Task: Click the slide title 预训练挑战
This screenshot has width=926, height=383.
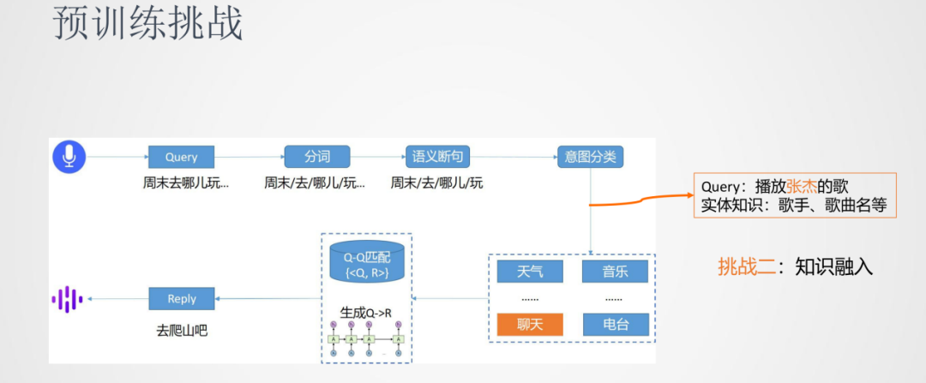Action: point(148,25)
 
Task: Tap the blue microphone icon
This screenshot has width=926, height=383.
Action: point(69,156)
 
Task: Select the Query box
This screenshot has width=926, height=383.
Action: point(181,157)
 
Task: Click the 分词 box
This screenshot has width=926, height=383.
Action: point(317,157)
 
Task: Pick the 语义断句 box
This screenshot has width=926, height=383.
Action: point(437,157)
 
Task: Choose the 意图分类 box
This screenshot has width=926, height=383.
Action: point(589,157)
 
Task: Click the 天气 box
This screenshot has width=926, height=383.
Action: point(530,272)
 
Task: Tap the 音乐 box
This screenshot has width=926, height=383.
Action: point(615,272)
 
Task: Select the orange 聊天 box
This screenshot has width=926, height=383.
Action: point(530,324)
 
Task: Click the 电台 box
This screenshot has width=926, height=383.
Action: point(615,324)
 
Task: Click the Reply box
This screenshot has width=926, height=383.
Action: point(181,298)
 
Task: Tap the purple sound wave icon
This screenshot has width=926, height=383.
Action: point(67,298)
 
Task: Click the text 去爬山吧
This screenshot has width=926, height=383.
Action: point(182,329)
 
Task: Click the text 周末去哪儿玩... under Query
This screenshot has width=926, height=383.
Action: point(186,183)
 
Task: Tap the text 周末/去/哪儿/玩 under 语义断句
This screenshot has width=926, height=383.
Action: point(437,183)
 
